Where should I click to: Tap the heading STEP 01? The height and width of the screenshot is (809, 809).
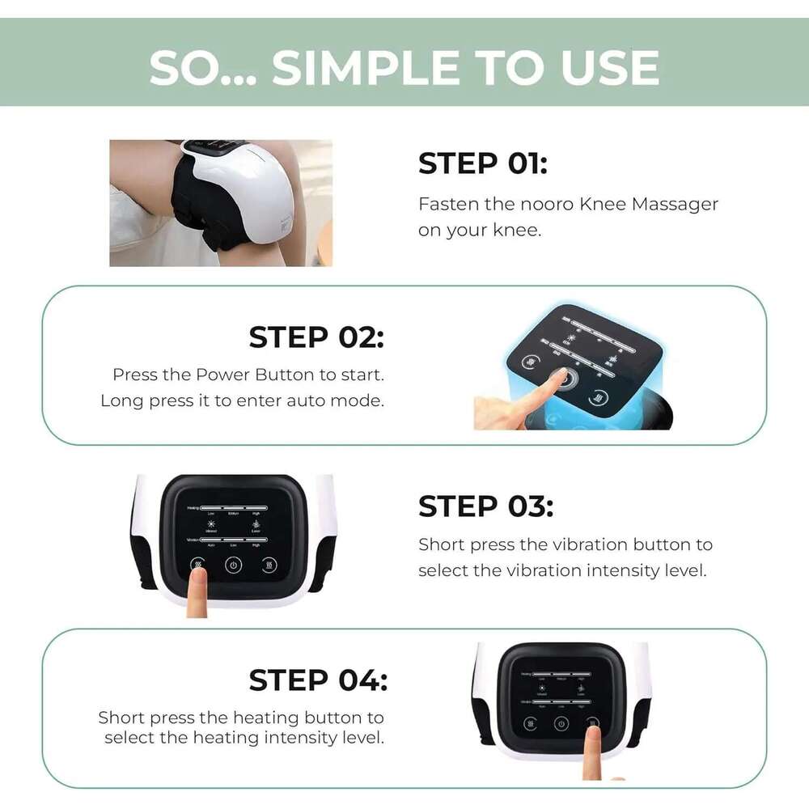coord(482,164)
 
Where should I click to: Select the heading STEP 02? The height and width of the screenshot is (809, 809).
coord(316,337)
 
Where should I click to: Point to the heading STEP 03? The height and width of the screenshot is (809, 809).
coord(485,506)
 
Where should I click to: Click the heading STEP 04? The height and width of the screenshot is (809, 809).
coord(317,680)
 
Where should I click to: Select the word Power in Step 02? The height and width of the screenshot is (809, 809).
coord(223,375)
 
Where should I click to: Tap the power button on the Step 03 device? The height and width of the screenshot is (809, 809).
coord(234,565)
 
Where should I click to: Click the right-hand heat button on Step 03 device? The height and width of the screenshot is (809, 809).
coord(270,565)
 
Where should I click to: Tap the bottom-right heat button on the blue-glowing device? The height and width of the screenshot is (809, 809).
coord(599,397)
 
